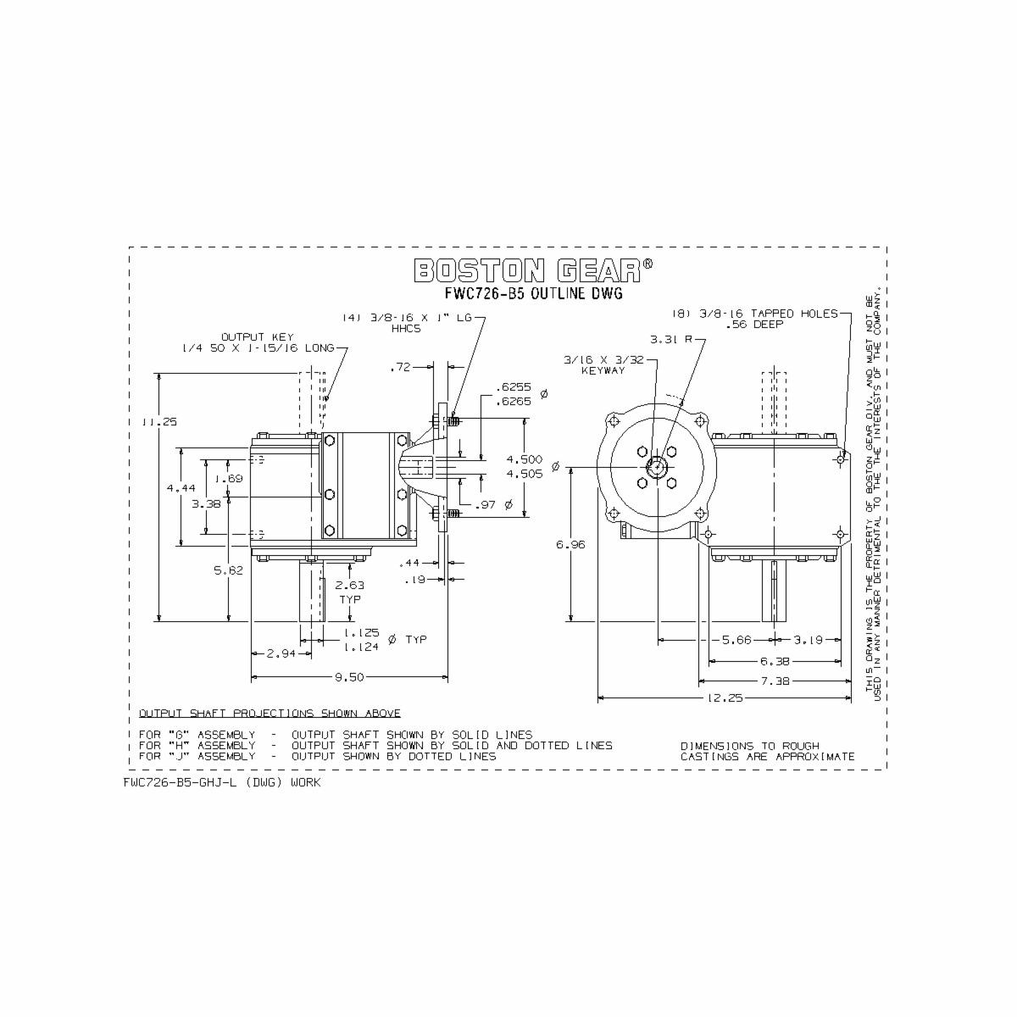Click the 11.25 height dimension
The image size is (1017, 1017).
[158, 421]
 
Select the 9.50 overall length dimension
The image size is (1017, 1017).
[348, 677]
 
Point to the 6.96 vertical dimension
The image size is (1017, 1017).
[570, 545]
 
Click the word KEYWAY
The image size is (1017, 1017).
[603, 371]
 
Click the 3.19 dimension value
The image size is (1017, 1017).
[809, 640]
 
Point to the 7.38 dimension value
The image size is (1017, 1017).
[772, 681]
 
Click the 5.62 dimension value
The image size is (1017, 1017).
[228, 570]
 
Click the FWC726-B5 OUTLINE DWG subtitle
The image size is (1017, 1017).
[533, 294]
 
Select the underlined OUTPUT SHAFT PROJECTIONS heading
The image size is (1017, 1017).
[270, 713]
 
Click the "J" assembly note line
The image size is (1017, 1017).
[317, 756]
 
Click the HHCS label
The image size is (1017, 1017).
[406, 329]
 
